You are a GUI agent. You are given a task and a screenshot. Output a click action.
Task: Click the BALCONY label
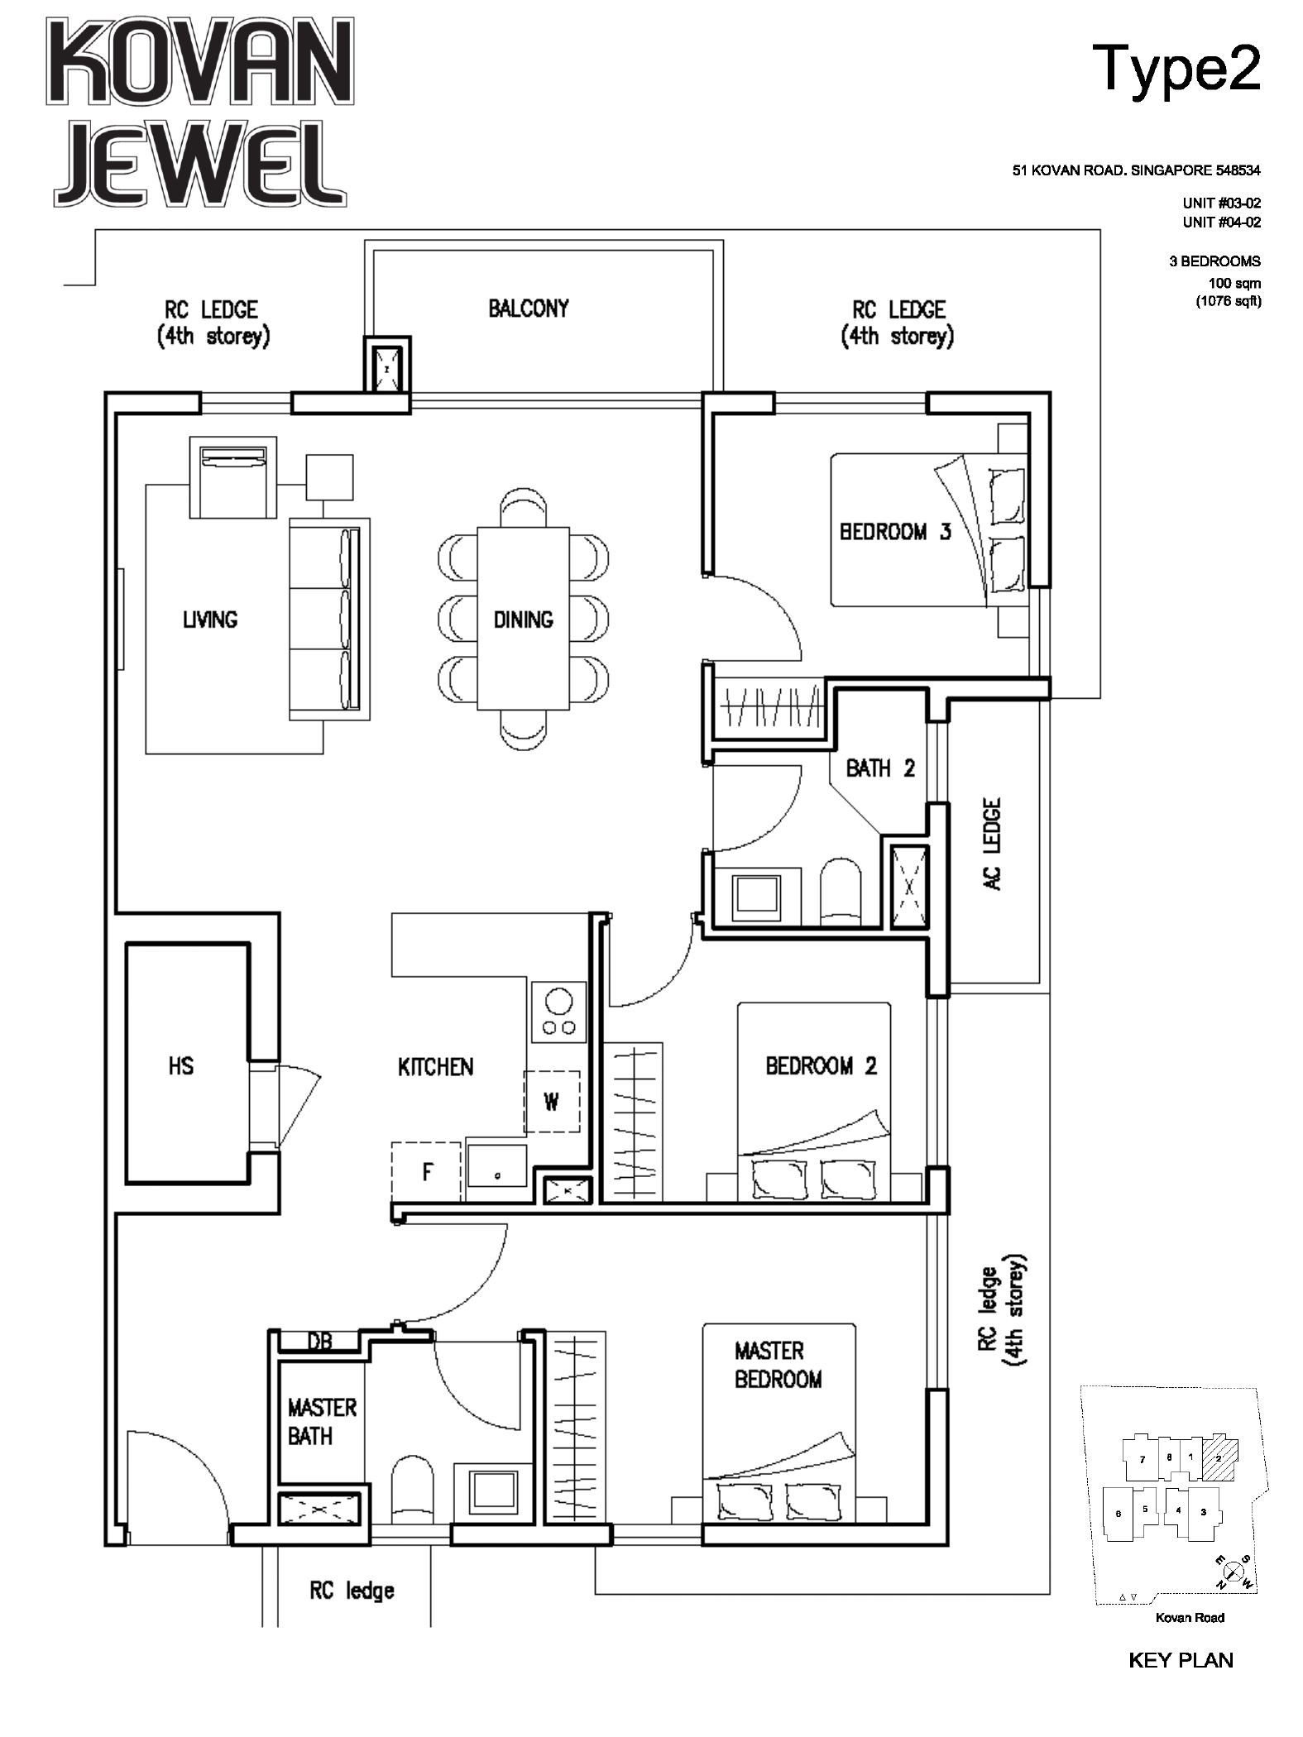point(529,309)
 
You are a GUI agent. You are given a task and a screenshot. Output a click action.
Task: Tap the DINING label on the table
point(523,620)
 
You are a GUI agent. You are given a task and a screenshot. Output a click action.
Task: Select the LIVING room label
point(210,620)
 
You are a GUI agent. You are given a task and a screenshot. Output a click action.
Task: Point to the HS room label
point(181,1066)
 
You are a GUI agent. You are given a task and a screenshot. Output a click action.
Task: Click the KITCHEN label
point(436,1067)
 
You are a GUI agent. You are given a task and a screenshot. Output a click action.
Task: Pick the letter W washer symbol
point(552,1102)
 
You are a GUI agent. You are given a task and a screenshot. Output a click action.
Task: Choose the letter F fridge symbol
point(427,1171)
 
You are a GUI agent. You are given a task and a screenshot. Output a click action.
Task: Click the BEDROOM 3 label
point(895,532)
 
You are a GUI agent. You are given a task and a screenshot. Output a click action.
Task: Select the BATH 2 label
point(880,768)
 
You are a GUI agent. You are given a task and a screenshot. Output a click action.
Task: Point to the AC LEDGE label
point(993,844)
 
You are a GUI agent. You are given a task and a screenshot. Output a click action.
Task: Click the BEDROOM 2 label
point(821,1066)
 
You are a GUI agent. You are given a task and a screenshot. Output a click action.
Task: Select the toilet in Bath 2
point(841,892)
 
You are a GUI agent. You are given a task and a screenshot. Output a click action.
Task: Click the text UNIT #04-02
point(1222,222)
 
